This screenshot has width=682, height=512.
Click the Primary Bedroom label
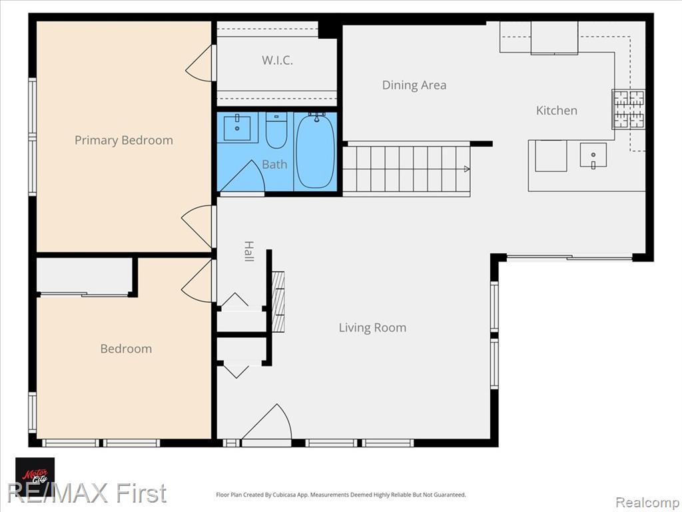[x=123, y=140]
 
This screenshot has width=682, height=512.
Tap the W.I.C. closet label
[x=277, y=60]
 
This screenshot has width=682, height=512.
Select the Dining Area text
[x=414, y=85]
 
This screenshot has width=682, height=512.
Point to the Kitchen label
[x=557, y=110]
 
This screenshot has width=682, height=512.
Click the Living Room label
[x=372, y=327]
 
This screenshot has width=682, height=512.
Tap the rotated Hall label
[x=249, y=251]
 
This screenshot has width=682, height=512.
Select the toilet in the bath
[x=276, y=130]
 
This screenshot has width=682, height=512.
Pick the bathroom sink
[x=237, y=127]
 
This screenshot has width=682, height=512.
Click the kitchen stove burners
[x=629, y=109]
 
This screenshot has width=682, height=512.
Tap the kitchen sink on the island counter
[x=593, y=155]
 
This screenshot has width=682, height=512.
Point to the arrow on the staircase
[x=467, y=169]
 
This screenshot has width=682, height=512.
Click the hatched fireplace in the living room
[x=278, y=302]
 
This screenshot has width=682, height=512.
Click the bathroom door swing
[x=242, y=176]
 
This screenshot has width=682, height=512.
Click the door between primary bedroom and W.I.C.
[x=200, y=63]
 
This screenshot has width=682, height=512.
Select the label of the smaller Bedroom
[x=126, y=349]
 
